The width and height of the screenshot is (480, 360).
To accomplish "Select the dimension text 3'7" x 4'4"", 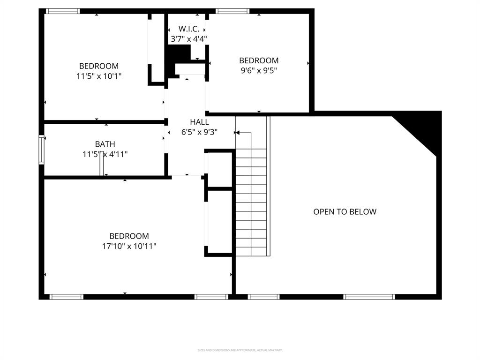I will [187, 39].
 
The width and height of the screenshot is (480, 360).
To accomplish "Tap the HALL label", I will [199, 122].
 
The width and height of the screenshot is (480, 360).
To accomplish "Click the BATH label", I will [105, 144].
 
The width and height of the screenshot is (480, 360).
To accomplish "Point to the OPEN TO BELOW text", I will [345, 211].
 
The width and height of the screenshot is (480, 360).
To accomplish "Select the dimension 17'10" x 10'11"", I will [129, 246].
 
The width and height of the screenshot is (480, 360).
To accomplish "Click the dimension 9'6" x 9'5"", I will [259, 70].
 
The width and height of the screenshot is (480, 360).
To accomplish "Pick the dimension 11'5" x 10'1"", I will [99, 76].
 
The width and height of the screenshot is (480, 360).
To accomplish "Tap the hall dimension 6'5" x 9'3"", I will [199, 132].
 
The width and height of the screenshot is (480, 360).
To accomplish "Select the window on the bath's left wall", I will [41, 150].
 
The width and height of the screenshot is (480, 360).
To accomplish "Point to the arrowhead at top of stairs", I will [237, 133].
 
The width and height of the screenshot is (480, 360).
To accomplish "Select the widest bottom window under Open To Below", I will [369, 297].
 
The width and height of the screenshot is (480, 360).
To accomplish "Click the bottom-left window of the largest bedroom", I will [66, 297].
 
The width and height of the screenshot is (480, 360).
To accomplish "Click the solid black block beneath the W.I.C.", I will [177, 54].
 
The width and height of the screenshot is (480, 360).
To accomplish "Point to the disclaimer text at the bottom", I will [240, 350].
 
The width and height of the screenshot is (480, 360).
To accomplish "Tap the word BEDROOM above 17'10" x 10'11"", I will [129, 236].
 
